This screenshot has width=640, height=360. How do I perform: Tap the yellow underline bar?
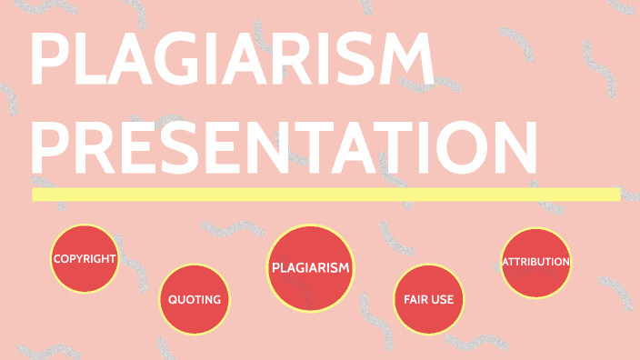[325, 194]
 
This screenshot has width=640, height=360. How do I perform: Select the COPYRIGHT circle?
[85, 258]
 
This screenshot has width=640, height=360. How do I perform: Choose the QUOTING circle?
[194, 298]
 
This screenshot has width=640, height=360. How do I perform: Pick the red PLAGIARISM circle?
[310, 266]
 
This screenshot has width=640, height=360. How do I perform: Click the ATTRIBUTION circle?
[535, 262]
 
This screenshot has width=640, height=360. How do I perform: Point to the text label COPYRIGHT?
[85, 258]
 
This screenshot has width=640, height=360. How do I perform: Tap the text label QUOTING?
[194, 299]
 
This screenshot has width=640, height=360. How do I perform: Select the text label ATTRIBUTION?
[535, 262]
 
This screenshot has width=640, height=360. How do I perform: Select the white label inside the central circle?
[310, 267]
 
